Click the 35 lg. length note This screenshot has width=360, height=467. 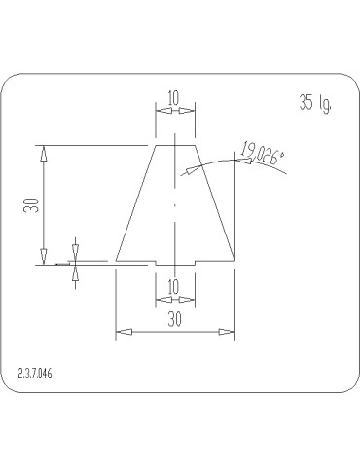(315, 103)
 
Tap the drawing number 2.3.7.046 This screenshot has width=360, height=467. (35, 374)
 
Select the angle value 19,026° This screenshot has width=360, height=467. (263, 154)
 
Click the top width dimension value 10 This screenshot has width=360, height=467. (173, 98)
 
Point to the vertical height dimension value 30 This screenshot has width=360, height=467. (31, 205)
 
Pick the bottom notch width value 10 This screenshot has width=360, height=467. (173, 287)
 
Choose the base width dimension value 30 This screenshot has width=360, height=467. (174, 320)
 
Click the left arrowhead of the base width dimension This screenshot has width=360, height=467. (125, 332)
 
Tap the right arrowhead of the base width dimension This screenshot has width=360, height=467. (227, 332)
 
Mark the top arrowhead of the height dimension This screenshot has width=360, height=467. (44, 154)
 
